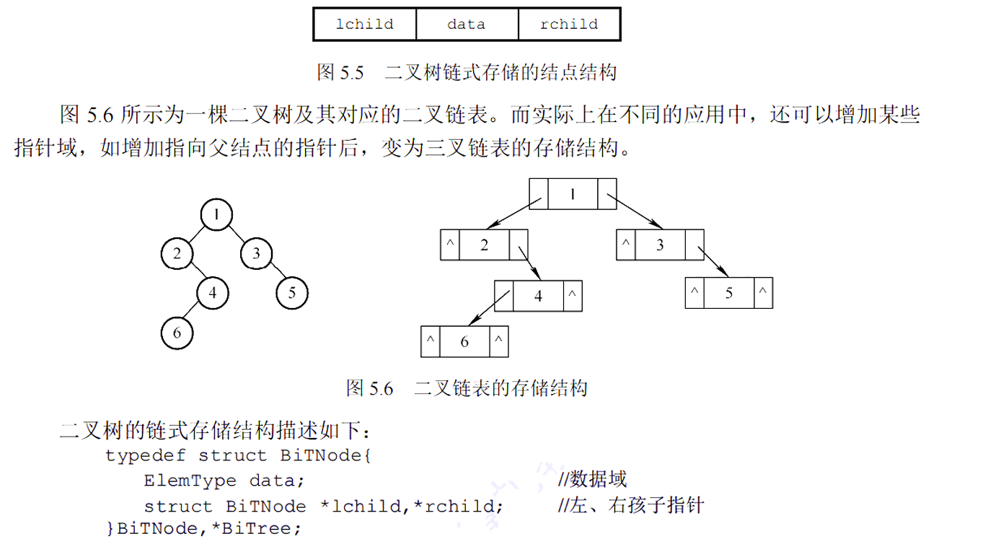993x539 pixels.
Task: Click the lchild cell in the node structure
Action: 365,25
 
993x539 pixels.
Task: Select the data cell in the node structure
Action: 467,25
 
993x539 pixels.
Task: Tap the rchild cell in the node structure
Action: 569,25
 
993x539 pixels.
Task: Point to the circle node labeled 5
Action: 292,293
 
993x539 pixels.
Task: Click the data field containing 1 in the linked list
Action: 573,193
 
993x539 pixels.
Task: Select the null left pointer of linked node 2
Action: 449,245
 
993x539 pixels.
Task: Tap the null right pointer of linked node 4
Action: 572,296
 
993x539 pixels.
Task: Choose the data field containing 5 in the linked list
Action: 728,294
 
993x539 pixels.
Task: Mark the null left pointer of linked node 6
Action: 430,342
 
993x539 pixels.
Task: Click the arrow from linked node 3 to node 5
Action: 712,262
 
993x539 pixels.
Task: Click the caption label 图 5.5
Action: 339,72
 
